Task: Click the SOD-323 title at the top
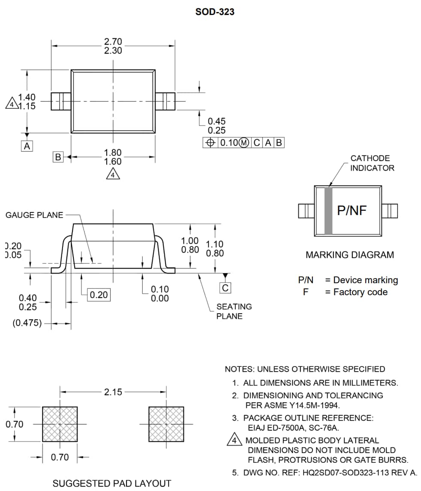click(x=215, y=12)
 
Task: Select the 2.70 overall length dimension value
click(x=113, y=42)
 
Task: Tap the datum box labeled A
click(x=27, y=146)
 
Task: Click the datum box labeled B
click(x=58, y=157)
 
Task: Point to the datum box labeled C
click(x=226, y=288)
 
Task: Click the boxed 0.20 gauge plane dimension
click(x=98, y=295)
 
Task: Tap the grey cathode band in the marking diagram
click(x=328, y=210)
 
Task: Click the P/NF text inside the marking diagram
click(x=352, y=210)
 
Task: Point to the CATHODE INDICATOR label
click(x=372, y=163)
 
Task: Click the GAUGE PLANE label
click(x=34, y=215)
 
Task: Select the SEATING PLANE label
click(x=234, y=311)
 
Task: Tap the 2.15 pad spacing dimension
click(x=113, y=392)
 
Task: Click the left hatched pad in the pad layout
click(x=60, y=424)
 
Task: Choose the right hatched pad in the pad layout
click(x=166, y=424)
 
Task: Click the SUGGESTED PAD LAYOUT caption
click(x=112, y=483)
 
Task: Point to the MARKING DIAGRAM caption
click(x=349, y=255)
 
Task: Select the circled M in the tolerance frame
click(x=244, y=143)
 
